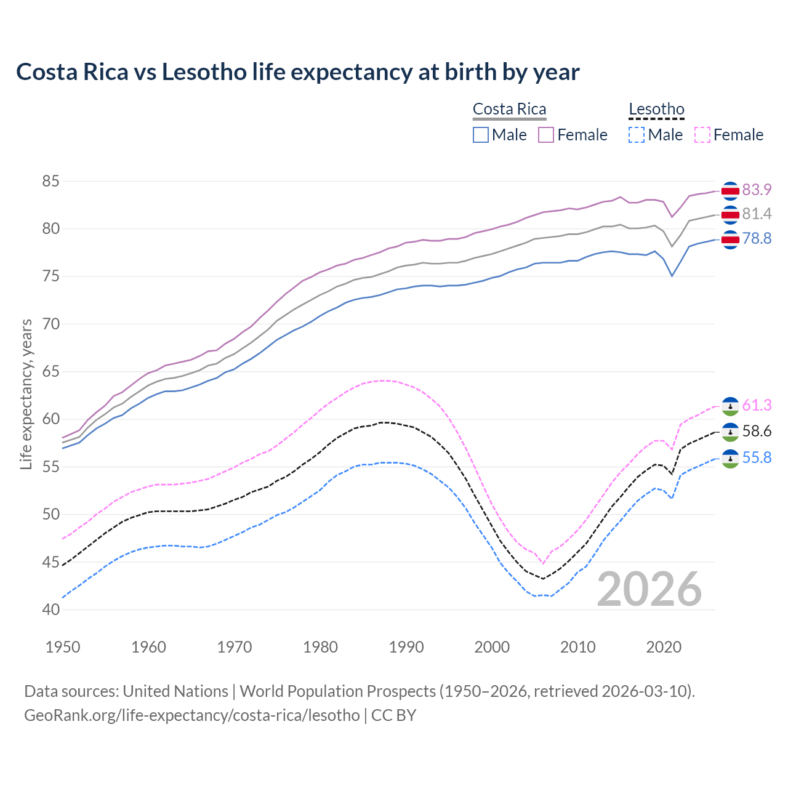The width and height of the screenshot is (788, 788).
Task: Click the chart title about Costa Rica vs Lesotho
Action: point(297,72)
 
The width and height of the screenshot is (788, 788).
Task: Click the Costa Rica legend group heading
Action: point(509,110)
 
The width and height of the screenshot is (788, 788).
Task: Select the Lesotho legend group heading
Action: point(656,110)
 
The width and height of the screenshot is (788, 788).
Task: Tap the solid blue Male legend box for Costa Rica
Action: point(481,135)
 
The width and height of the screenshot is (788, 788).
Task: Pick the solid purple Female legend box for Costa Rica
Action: point(546,135)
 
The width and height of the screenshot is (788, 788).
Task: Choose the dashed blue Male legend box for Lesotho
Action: point(637,135)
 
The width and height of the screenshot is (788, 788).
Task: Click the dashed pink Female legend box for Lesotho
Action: point(702,135)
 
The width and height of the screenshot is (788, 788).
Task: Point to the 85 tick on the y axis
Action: point(50,181)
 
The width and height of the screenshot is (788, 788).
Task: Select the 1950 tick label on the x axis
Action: point(63,647)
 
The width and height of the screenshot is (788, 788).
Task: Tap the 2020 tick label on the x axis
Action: point(664,647)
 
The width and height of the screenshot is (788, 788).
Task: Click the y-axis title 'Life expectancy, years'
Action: point(26,395)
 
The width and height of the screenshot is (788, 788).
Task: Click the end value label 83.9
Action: point(757,190)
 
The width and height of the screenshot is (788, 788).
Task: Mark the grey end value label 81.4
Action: point(757,214)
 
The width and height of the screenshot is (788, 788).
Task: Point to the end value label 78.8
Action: point(757,238)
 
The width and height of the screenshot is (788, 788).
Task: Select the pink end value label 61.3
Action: point(757,405)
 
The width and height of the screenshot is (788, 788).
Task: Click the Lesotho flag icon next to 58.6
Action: point(730,432)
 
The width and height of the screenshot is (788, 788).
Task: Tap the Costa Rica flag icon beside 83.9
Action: point(730,191)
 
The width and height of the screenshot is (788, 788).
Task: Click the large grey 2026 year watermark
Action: point(649,589)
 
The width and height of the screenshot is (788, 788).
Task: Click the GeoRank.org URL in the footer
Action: point(192,715)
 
